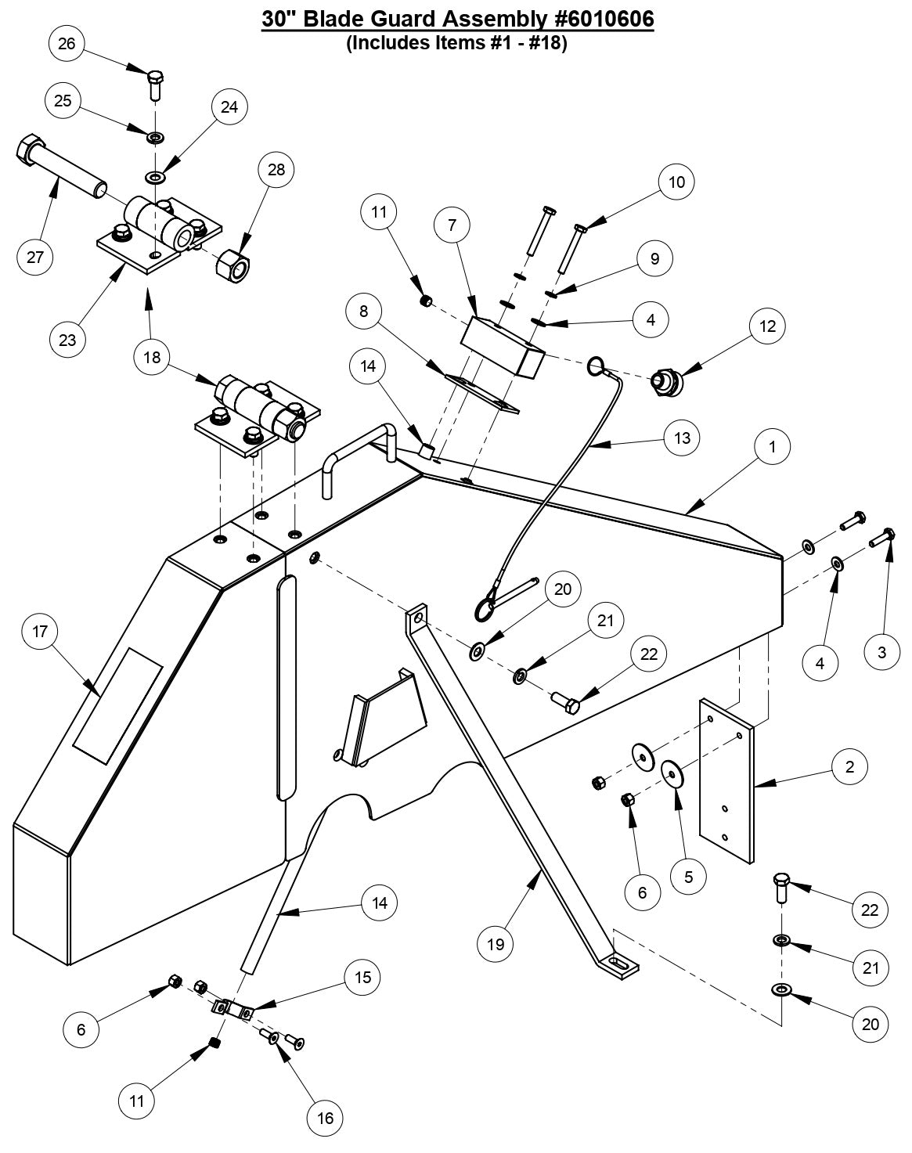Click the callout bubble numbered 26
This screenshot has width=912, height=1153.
click(x=67, y=43)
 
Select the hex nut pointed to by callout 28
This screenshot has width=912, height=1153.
click(x=233, y=265)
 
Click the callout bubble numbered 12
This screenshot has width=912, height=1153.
click(x=767, y=326)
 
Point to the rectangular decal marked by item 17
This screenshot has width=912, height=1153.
click(x=118, y=704)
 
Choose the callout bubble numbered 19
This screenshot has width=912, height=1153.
click(x=496, y=943)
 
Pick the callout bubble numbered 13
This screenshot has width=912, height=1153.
click(x=682, y=437)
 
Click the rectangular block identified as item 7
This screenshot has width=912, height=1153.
click(x=501, y=347)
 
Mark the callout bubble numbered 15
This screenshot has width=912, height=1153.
click(x=363, y=977)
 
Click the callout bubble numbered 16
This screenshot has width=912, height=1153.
click(x=326, y=1118)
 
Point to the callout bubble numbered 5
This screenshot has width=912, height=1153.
click(x=688, y=877)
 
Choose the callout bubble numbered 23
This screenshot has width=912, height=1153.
click(x=67, y=340)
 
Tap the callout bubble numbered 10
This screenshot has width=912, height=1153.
click(x=676, y=182)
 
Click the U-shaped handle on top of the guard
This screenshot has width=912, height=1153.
click(x=356, y=454)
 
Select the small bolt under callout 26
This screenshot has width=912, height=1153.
click(x=155, y=85)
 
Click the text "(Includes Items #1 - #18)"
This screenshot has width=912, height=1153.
click(x=456, y=43)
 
